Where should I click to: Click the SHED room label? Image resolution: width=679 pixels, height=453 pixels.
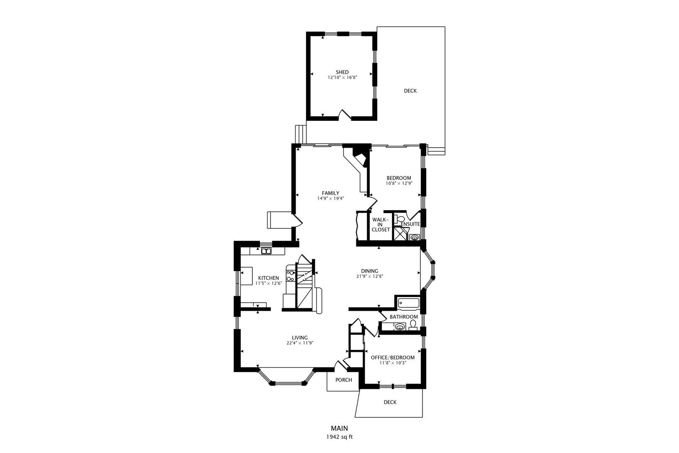pyautogui.click(x=342, y=72)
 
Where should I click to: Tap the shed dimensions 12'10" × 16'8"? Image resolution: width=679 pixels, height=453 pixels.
pyautogui.click(x=342, y=78)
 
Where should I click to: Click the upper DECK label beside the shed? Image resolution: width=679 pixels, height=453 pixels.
pyautogui.click(x=410, y=91)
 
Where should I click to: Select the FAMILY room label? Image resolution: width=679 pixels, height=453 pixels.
pyautogui.click(x=330, y=193)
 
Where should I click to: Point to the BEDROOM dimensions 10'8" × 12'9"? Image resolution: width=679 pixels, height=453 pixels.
pyautogui.click(x=399, y=183)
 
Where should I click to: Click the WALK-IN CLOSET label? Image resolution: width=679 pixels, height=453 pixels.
pyautogui.click(x=381, y=225)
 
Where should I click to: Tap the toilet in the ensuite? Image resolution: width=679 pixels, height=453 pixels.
pyautogui.click(x=399, y=219)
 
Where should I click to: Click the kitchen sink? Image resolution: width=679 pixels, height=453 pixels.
pyautogui.click(x=266, y=251)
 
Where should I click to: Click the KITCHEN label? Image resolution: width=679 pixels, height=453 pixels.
pyautogui.click(x=268, y=278)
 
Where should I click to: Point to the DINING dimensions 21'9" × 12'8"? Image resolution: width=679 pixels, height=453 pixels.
pyautogui.click(x=370, y=276)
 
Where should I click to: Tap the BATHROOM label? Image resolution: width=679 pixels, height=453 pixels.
pyautogui.click(x=404, y=317)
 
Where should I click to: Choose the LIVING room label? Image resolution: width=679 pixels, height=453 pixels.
pyautogui.click(x=300, y=338)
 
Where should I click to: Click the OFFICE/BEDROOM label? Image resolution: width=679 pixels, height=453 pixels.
pyautogui.click(x=393, y=358)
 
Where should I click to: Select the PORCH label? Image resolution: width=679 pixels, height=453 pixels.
pyautogui.click(x=343, y=380)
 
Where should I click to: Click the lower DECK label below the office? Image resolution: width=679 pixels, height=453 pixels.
pyautogui.click(x=390, y=402)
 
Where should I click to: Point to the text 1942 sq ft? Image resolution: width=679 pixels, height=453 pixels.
pyautogui.click(x=339, y=437)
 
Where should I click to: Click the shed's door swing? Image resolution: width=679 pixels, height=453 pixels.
pyautogui.click(x=344, y=114)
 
